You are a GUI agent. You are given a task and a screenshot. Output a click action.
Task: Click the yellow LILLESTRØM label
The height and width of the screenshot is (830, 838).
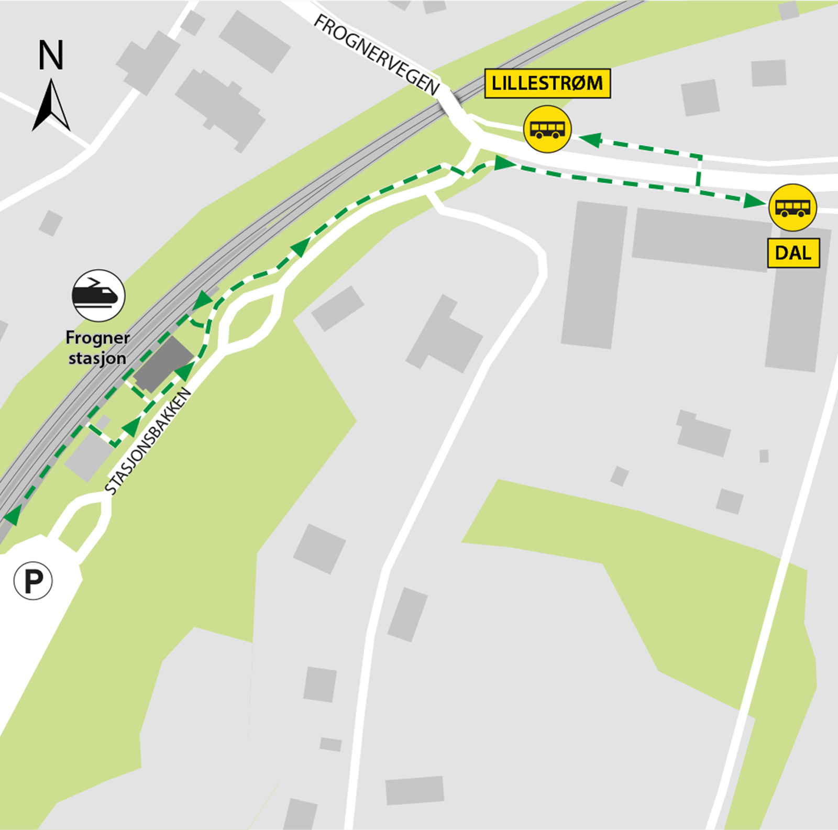547,83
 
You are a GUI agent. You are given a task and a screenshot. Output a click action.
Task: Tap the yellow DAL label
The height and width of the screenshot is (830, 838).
793,253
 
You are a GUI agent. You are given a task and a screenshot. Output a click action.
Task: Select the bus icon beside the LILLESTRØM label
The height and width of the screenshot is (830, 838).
547,129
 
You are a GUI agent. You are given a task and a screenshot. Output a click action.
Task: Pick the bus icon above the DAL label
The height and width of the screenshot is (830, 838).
792,207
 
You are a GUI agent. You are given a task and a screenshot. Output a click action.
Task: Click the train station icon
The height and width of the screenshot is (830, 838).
98,295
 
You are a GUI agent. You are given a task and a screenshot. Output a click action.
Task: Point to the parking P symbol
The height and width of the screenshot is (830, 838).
33,581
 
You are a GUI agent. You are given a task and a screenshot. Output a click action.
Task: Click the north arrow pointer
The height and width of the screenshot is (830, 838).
51,105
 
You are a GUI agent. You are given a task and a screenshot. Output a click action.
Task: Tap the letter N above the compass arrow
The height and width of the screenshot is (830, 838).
51,56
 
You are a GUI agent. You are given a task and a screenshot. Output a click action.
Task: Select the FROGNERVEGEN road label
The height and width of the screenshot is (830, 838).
376,54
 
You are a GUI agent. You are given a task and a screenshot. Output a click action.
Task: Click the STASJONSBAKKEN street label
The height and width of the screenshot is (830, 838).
148,441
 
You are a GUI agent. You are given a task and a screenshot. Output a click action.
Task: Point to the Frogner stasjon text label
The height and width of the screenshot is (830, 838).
97,348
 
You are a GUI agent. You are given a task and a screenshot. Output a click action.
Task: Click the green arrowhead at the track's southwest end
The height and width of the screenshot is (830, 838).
10,516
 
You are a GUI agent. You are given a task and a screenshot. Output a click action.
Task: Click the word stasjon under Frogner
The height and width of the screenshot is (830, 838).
97,359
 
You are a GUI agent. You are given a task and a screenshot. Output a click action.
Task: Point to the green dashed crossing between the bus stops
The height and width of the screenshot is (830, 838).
698,171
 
